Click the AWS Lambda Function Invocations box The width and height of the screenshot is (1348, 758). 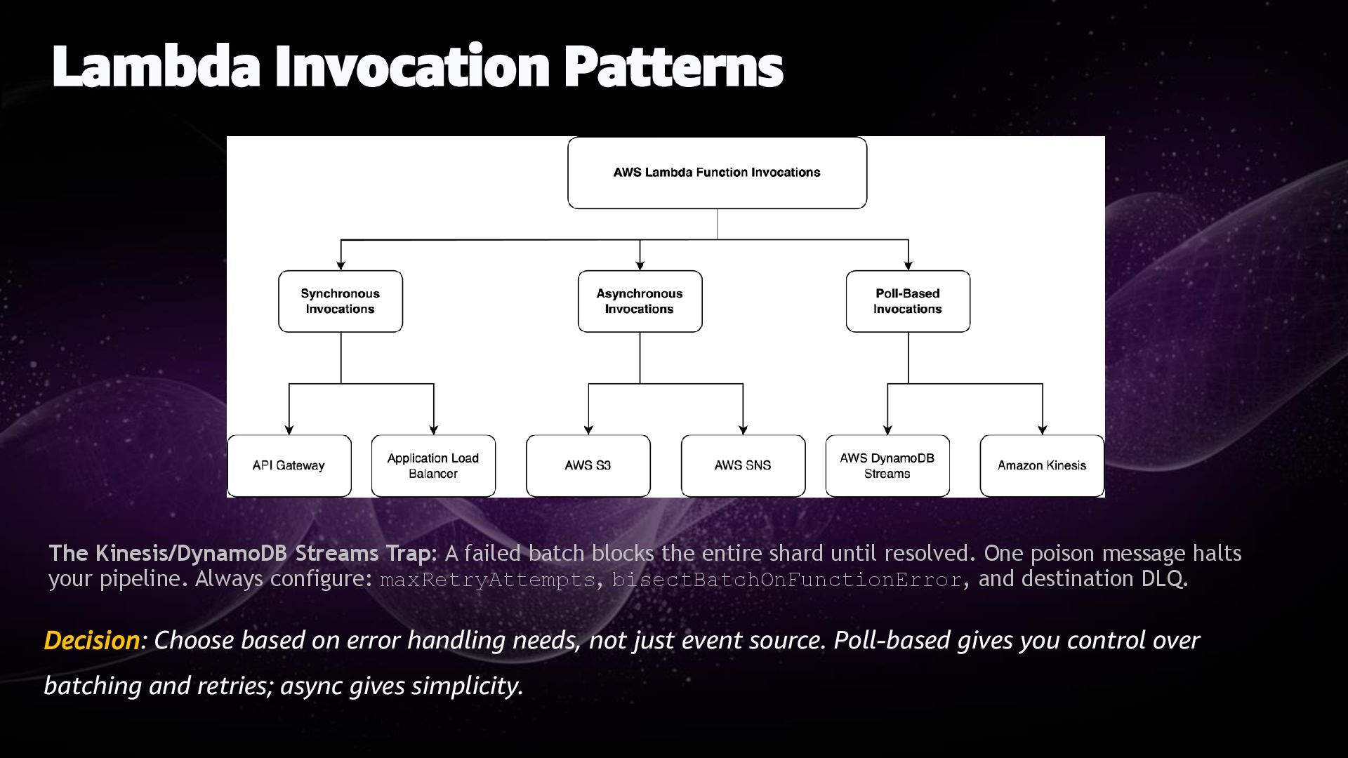pyautogui.click(x=717, y=173)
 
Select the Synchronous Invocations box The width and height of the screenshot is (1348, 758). pyautogui.click(x=341, y=301)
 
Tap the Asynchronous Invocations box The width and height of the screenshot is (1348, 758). pyautogui.click(x=640, y=301)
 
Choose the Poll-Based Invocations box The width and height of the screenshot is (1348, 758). pyautogui.click(x=908, y=301)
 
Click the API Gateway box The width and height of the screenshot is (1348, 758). pyautogui.click(x=289, y=465)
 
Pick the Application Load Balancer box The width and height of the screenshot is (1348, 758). pyautogui.click(x=433, y=465)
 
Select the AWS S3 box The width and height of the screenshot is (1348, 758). pyautogui.click(x=588, y=465)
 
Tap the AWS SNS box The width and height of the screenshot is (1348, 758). pyautogui.click(x=743, y=465)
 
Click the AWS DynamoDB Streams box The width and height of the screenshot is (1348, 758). pyautogui.click(x=887, y=465)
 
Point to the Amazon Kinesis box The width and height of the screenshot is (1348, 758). pyautogui.click(x=1042, y=465)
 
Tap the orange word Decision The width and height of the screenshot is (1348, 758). pyautogui.click(x=92, y=640)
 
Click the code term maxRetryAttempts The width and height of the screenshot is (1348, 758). pyautogui.click(x=487, y=580)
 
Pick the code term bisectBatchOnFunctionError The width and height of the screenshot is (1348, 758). pyautogui.click(x=786, y=580)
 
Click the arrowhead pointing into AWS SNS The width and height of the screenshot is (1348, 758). pyautogui.click(x=743, y=430)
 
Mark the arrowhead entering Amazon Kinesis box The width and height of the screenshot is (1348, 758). pyautogui.click(x=1042, y=430)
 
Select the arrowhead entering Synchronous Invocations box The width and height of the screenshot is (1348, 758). pyautogui.click(x=341, y=265)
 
